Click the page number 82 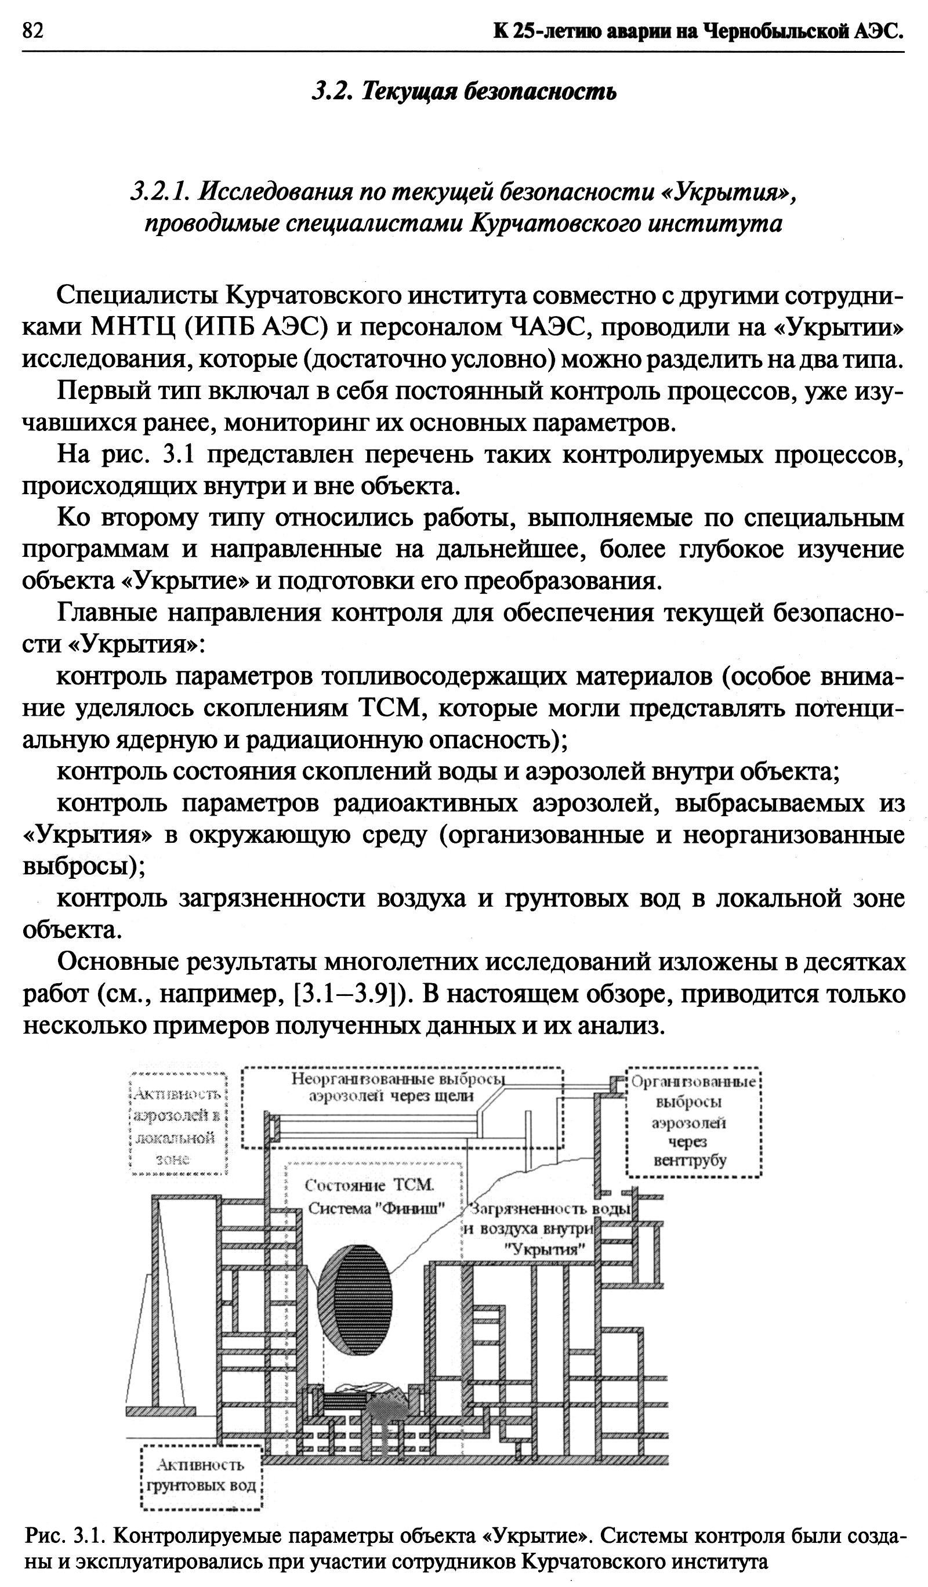click(32, 30)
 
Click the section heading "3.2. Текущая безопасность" click(464, 92)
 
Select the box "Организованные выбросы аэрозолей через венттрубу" click(694, 1122)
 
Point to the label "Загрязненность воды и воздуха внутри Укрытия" click(548, 1229)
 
